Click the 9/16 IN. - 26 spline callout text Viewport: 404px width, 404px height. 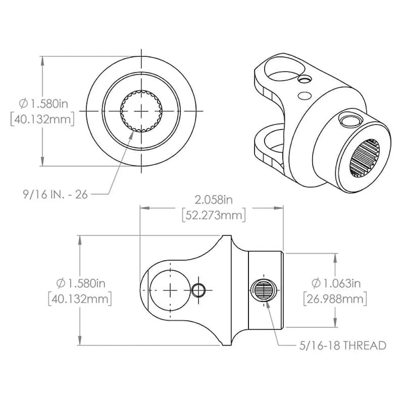tap(55, 195)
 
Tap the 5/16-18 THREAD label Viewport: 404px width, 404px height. tap(343, 345)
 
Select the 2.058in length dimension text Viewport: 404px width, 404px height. tap(214, 200)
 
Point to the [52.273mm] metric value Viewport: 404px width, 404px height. tap(214, 216)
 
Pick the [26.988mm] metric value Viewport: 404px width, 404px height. tap(335, 299)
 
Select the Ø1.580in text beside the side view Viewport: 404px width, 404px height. tap(81, 283)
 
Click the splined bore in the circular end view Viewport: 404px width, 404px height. tap(141, 111)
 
